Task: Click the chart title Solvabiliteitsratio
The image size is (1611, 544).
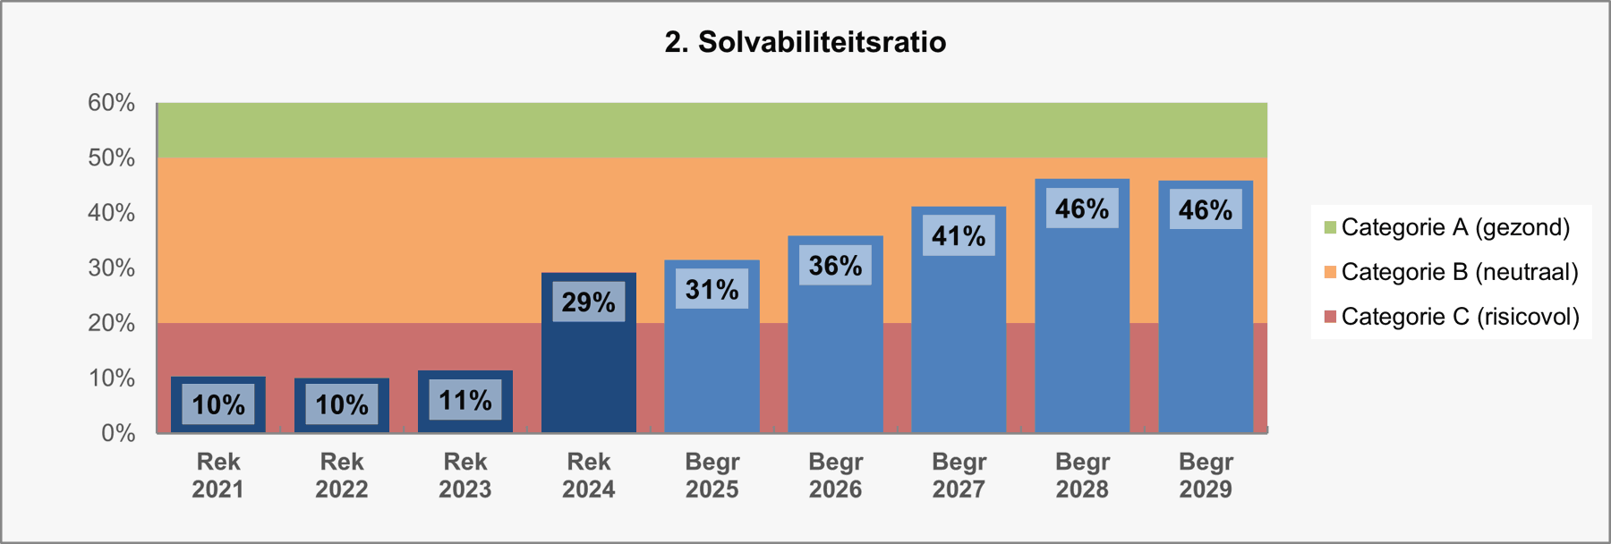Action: click(805, 42)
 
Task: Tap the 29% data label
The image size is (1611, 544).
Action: click(588, 302)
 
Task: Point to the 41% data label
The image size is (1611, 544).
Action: click(959, 236)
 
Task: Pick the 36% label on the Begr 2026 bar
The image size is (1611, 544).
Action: click(835, 266)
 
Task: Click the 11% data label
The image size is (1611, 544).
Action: click(465, 400)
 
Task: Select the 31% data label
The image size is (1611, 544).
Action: click(712, 290)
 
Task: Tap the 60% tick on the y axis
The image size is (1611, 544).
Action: click(111, 103)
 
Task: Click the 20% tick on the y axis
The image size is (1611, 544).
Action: click(111, 323)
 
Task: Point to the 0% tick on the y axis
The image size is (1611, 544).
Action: click(117, 433)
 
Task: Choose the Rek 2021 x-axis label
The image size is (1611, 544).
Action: click(217, 475)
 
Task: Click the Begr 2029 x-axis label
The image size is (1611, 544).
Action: click(1206, 475)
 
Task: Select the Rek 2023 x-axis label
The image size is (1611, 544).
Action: click(465, 475)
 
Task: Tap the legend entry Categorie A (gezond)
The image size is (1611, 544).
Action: click(1455, 227)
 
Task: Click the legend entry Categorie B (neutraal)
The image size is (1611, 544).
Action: click(1459, 272)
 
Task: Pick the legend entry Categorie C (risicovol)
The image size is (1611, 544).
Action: click(1460, 317)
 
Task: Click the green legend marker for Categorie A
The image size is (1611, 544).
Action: click(1330, 227)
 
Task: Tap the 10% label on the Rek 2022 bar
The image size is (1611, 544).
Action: click(341, 405)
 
